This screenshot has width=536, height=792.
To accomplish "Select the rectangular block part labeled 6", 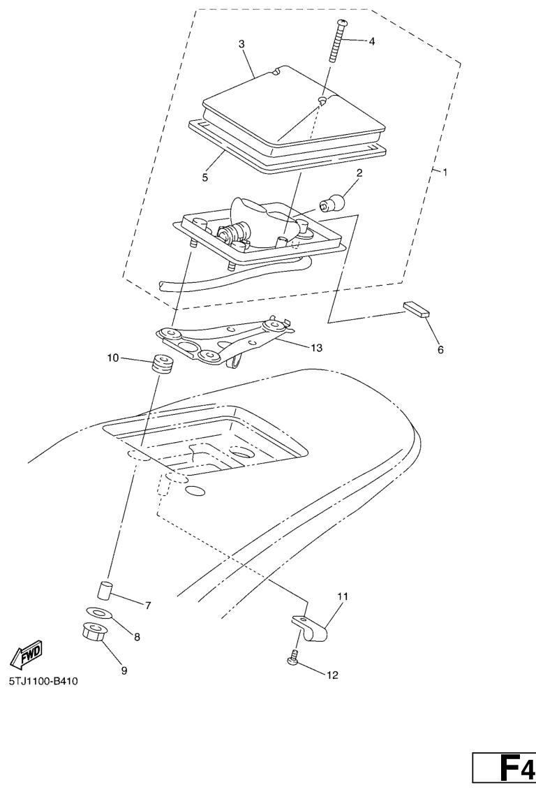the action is click(417, 309).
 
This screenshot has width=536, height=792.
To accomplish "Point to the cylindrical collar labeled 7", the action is click(103, 590).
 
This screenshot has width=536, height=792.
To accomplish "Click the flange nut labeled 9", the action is click(93, 631).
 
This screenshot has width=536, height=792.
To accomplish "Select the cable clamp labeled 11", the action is click(311, 627).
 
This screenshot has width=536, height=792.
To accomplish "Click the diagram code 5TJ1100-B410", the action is click(43, 682).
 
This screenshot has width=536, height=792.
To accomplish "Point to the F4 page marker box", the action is click(504, 773).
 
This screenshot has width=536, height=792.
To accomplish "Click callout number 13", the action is click(316, 348).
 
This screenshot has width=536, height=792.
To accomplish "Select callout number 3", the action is click(241, 44).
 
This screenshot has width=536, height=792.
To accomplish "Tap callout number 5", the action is click(204, 177).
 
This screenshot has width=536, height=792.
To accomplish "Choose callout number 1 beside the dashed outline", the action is click(445, 173).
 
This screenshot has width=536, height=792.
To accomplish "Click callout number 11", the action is click(343, 596).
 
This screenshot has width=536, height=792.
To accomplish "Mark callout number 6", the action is click(440, 349).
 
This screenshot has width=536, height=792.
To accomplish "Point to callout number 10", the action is click(112, 358).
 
